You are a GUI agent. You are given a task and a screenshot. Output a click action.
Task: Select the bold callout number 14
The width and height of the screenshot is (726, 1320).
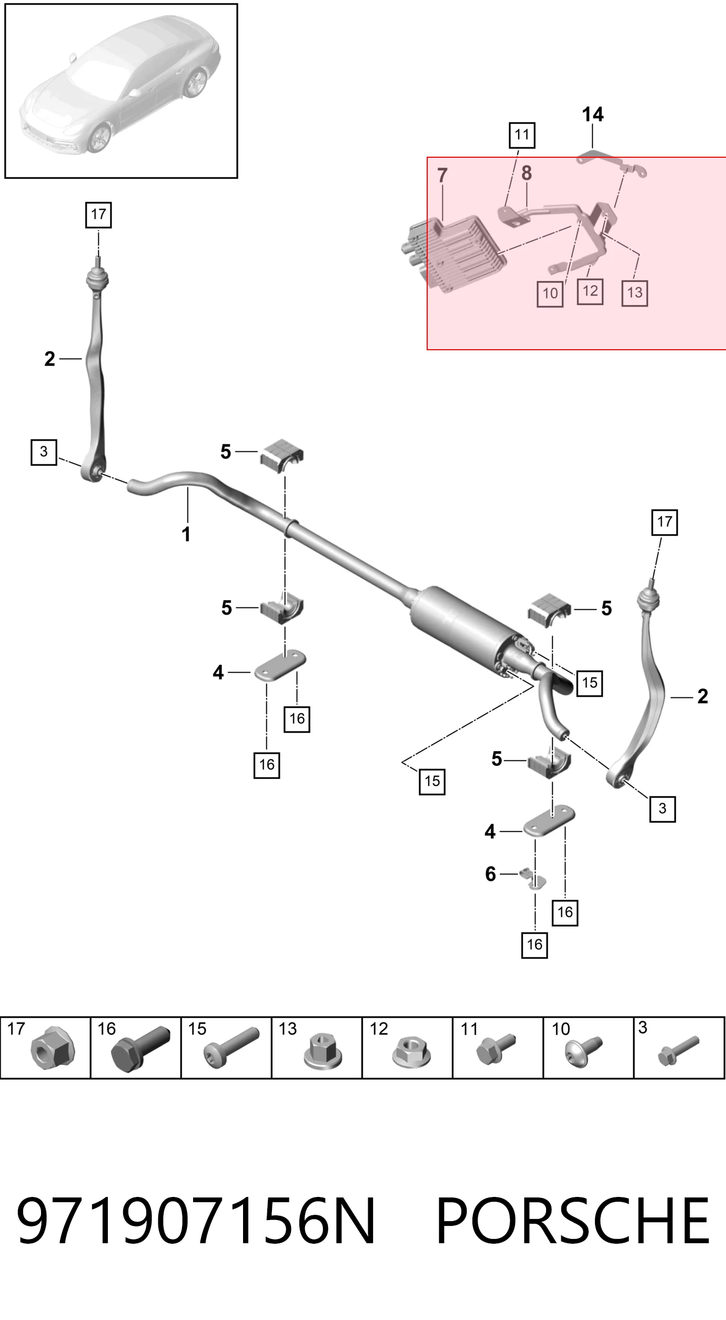tap(593, 115)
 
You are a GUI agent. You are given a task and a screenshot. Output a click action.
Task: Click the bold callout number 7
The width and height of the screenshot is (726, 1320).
tap(442, 175)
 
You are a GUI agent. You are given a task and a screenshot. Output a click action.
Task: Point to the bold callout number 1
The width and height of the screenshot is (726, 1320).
tap(186, 534)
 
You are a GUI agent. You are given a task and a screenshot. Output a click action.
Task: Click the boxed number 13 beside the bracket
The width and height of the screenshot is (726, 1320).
tap(634, 293)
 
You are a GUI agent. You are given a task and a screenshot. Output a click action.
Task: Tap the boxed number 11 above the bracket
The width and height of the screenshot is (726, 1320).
tap(522, 135)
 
